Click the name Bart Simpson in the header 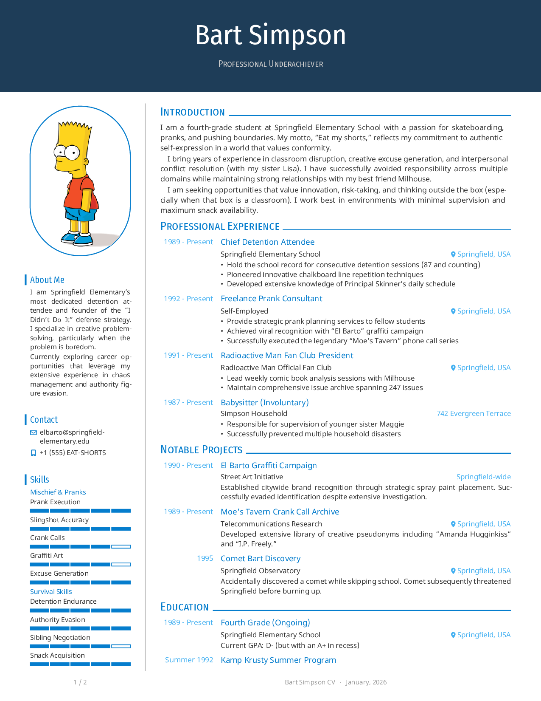(270, 35)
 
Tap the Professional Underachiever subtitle (270, 64)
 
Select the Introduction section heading (192, 112)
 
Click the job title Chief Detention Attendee (267, 242)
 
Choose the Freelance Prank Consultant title (271, 298)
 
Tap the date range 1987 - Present (188, 402)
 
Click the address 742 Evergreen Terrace (474, 413)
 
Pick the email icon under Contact (34, 432)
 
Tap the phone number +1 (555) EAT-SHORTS (73, 452)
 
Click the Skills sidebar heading (39, 480)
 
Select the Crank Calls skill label (48, 537)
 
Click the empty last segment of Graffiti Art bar (121, 565)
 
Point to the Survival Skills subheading (51, 591)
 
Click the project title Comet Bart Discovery (261, 558)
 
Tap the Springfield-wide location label (483, 477)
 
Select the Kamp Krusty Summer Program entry (278, 660)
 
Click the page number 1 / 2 (80, 682)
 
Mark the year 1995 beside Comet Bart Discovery (205, 558)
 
